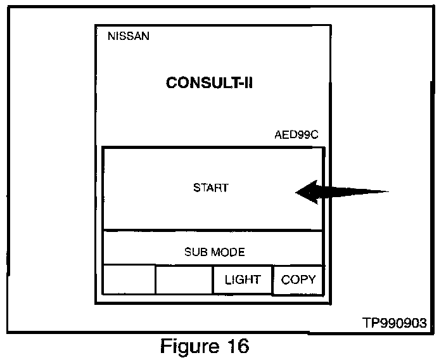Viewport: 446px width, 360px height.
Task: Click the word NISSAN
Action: coord(129,36)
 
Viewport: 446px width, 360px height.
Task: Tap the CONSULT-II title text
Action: coord(209,83)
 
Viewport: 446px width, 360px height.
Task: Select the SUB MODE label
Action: coord(214,252)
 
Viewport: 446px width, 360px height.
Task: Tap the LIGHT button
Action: coord(243,280)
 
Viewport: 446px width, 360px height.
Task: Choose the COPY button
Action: coord(298,280)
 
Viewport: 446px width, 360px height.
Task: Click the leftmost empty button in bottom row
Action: coord(129,280)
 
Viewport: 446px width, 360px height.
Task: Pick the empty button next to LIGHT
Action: coord(184,280)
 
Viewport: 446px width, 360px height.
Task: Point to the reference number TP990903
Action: coord(395,323)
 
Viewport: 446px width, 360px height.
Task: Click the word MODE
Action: coord(227,252)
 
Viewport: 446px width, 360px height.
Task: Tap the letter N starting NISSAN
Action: coord(111,36)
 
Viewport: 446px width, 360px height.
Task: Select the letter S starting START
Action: coord(196,188)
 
